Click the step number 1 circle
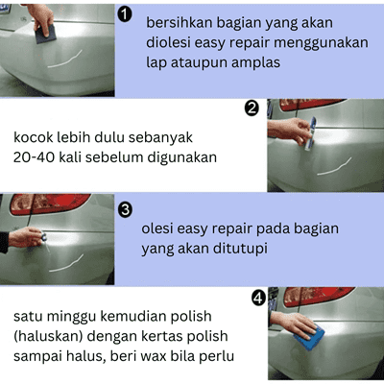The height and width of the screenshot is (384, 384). coord(125,15)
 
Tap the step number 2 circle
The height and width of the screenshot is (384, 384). coord(252,108)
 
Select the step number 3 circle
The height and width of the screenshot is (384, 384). coord(125,210)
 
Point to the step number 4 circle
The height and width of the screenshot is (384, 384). coord(258,298)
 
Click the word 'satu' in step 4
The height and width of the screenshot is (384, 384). coord(28,317)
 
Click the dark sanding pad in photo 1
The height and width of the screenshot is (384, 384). coord(45,34)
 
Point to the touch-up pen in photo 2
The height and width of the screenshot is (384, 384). coord(310,133)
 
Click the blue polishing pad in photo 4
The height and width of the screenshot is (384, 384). coord(309,337)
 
